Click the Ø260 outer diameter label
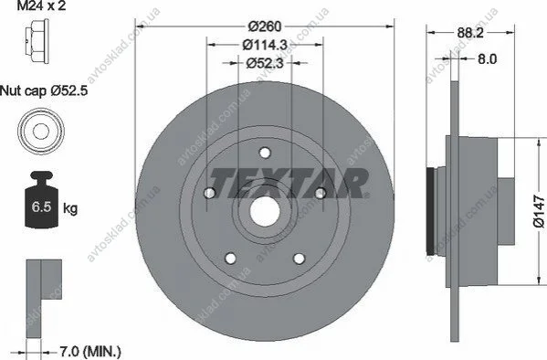(265, 26)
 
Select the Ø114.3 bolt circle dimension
(265, 45)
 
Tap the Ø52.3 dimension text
(265, 63)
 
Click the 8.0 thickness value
(487, 59)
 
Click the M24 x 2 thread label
(41, 5)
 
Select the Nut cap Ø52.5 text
(44, 91)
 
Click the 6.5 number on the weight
(41, 207)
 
